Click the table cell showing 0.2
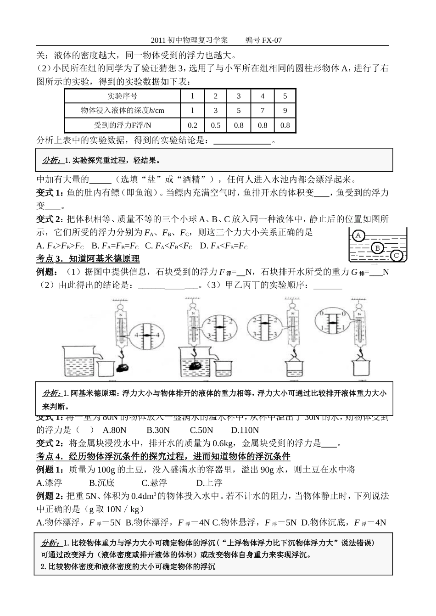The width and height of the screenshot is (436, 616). (x=192, y=125)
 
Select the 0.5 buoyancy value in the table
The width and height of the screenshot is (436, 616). (x=215, y=125)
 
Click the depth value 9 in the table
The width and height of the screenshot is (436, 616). (x=285, y=111)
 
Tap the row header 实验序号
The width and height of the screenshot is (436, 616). (x=122, y=96)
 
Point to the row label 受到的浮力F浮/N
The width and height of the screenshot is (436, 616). (x=122, y=125)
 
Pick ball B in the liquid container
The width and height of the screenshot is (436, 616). (x=377, y=248)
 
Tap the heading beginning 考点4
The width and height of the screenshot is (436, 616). (x=163, y=456)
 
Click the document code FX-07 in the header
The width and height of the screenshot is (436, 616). (x=272, y=40)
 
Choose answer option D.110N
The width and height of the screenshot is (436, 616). (x=245, y=430)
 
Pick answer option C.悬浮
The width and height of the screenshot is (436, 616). (x=154, y=482)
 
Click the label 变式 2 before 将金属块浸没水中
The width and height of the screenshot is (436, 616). (x=50, y=443)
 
